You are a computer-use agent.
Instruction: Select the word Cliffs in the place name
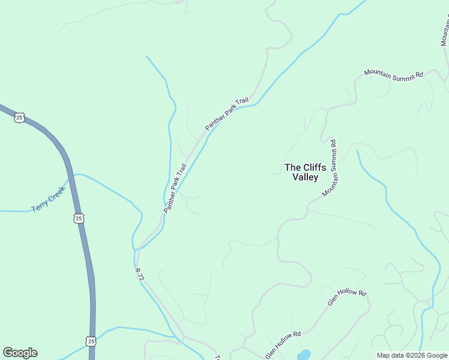click(314, 167)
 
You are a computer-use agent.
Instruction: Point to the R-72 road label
click(139, 275)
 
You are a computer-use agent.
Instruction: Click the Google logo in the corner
click(20, 353)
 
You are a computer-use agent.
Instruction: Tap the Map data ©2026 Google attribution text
click(412, 355)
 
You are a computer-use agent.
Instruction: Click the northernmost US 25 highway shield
click(20, 118)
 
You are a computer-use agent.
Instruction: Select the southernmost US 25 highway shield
click(90, 341)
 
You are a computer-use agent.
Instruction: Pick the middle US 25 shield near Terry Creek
click(79, 218)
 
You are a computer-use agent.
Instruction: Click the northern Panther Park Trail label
click(226, 115)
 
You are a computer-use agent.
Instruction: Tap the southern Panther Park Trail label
click(175, 188)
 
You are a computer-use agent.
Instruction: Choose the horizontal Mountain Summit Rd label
click(394, 74)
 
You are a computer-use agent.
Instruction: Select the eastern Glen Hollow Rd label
click(346, 297)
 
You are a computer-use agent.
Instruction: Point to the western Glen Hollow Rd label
click(283, 342)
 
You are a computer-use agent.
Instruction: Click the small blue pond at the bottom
click(304, 355)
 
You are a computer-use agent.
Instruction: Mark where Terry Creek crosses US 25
click(71, 178)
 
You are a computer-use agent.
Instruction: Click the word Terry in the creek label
click(40, 206)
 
